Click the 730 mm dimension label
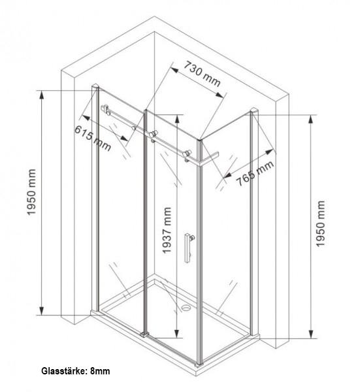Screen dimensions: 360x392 click(x=203, y=74)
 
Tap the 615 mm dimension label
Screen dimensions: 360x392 click(x=93, y=139)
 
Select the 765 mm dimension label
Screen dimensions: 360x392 click(x=255, y=174)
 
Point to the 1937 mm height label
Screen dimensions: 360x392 click(x=167, y=231)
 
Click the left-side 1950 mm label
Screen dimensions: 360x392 click(x=31, y=192)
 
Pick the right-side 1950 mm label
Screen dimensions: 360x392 click(x=321, y=223)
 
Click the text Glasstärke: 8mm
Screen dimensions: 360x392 click(x=76, y=371)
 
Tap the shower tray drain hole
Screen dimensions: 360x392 click(x=186, y=307)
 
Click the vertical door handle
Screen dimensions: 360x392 click(x=188, y=248)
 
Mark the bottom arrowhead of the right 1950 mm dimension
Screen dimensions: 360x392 click(x=311, y=334)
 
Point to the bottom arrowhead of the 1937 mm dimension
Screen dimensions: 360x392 click(x=177, y=333)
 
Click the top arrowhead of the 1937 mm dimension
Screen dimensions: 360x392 click(x=177, y=120)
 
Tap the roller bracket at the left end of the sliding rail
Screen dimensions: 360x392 click(x=106, y=109)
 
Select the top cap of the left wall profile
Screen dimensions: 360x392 click(x=95, y=86)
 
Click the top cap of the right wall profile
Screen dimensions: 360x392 click(x=255, y=110)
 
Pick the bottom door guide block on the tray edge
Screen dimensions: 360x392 click(x=144, y=335)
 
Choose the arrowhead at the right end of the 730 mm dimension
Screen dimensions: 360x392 click(x=220, y=95)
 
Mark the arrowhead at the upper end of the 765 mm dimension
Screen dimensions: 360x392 click(x=269, y=152)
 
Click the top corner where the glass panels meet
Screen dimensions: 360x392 click(x=199, y=139)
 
